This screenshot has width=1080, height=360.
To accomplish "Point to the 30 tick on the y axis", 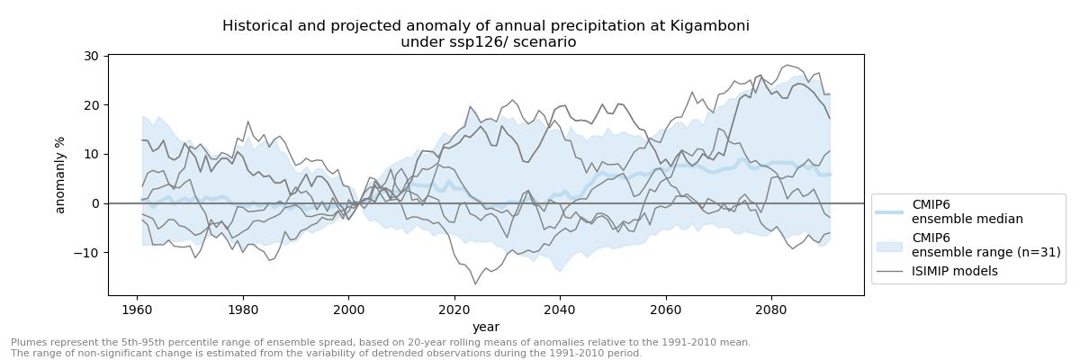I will (91, 56).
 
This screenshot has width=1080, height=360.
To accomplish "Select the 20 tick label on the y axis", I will (91, 105).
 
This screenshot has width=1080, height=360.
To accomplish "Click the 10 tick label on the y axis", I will (91, 154).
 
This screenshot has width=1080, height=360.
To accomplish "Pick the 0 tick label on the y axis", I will (94, 203).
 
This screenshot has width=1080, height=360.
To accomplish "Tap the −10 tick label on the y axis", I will (87, 252).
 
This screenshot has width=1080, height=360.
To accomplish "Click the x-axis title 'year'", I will (486, 327).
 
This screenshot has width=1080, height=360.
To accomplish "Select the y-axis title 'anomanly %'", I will (61, 175).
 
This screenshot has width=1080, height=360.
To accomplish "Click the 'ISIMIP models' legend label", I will (954, 271).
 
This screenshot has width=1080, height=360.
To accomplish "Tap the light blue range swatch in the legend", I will (889, 245).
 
